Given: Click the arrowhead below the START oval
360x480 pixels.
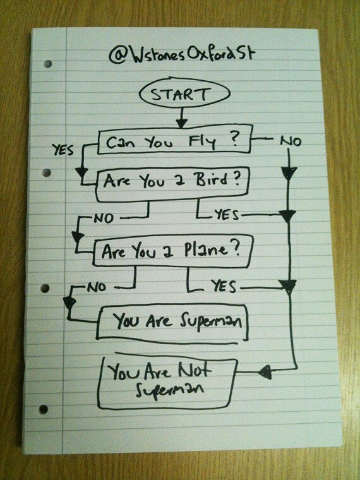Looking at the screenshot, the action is click(x=181, y=123).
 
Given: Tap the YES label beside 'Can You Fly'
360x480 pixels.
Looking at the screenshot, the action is click(x=63, y=150).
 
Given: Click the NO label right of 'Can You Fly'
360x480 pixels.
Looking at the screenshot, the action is click(x=291, y=141).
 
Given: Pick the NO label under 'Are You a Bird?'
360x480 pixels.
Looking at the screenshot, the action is click(x=104, y=219).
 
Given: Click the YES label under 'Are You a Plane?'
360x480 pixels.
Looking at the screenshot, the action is click(x=224, y=287).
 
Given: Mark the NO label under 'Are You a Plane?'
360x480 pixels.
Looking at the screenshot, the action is click(x=97, y=287).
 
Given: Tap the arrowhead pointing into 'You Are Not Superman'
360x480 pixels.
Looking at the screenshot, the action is click(x=265, y=372).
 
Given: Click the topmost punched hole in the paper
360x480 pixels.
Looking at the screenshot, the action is click(x=47, y=64).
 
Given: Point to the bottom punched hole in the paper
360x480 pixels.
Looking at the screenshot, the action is click(x=43, y=409).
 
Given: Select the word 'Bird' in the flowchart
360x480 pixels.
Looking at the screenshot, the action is click(x=210, y=179).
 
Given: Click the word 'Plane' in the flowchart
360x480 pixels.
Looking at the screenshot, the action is click(x=206, y=250).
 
